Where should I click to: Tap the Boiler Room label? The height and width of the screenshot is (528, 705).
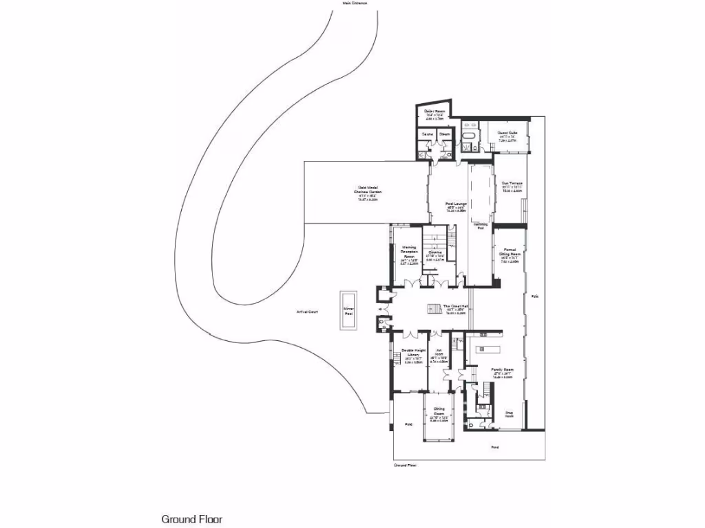click(433, 111)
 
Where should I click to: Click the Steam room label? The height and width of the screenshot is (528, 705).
click(445, 133)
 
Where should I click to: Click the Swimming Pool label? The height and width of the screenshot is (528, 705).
click(480, 225)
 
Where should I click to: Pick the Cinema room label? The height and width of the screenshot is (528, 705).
click(435, 252)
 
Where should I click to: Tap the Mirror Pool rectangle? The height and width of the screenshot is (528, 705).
click(348, 311)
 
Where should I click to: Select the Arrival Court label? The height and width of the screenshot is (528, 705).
click(306, 312)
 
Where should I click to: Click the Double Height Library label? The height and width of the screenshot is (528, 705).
click(412, 352)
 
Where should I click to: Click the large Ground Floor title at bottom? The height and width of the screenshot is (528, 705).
click(192, 519)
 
